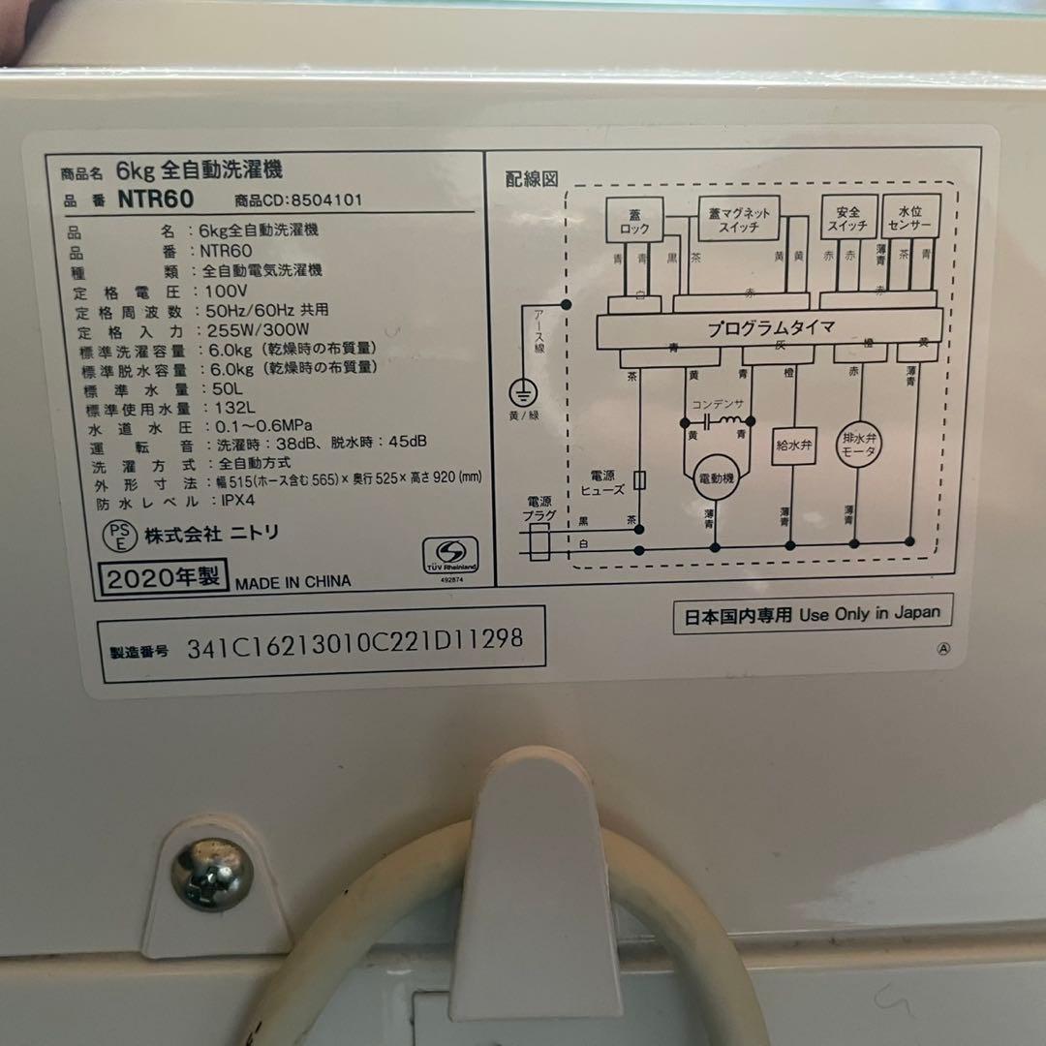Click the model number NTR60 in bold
pyautogui.click(x=156, y=200)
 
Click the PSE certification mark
pyautogui.click(x=117, y=535)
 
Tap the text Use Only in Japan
pyautogui.click(x=869, y=614)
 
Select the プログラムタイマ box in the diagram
pyautogui.click(x=770, y=328)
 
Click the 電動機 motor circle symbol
pyautogui.click(x=716, y=475)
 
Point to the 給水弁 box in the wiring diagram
pyautogui.click(x=791, y=447)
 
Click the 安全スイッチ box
pyautogui.click(x=842, y=218)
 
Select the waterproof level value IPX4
pyautogui.click(x=220, y=502)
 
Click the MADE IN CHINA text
pyautogui.click(x=292, y=582)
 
